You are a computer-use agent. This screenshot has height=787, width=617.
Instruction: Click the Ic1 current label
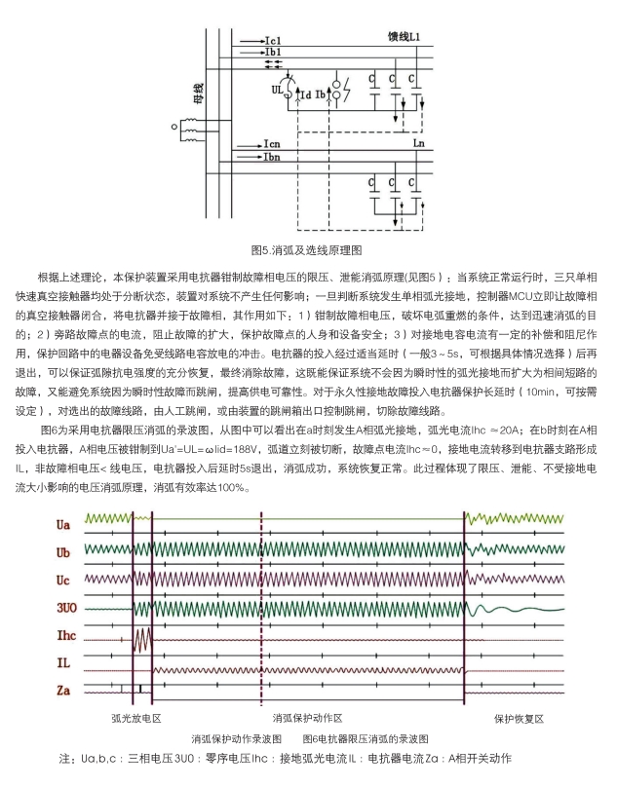coord(274,40)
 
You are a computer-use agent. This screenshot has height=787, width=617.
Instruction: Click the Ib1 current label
coord(274,52)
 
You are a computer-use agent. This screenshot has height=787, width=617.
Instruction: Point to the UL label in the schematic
coord(278,90)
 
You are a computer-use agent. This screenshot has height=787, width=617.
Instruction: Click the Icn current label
coord(274,144)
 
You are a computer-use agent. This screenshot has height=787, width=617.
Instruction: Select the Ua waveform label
coord(63,525)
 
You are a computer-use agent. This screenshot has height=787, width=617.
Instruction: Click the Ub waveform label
coord(63,552)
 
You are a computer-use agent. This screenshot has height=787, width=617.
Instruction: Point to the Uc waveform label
coord(63,580)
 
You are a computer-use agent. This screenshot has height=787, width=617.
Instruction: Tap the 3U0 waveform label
coord(64,608)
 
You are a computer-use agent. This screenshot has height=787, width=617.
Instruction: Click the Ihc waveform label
coord(64,635)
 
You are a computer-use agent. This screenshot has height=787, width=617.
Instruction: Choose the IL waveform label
coord(62,663)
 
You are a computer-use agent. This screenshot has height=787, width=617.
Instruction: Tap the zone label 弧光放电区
coord(135,718)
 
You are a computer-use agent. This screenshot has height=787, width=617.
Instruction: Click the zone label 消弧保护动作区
coord(308,718)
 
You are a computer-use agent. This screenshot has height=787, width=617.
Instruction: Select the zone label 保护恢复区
coord(518,718)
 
